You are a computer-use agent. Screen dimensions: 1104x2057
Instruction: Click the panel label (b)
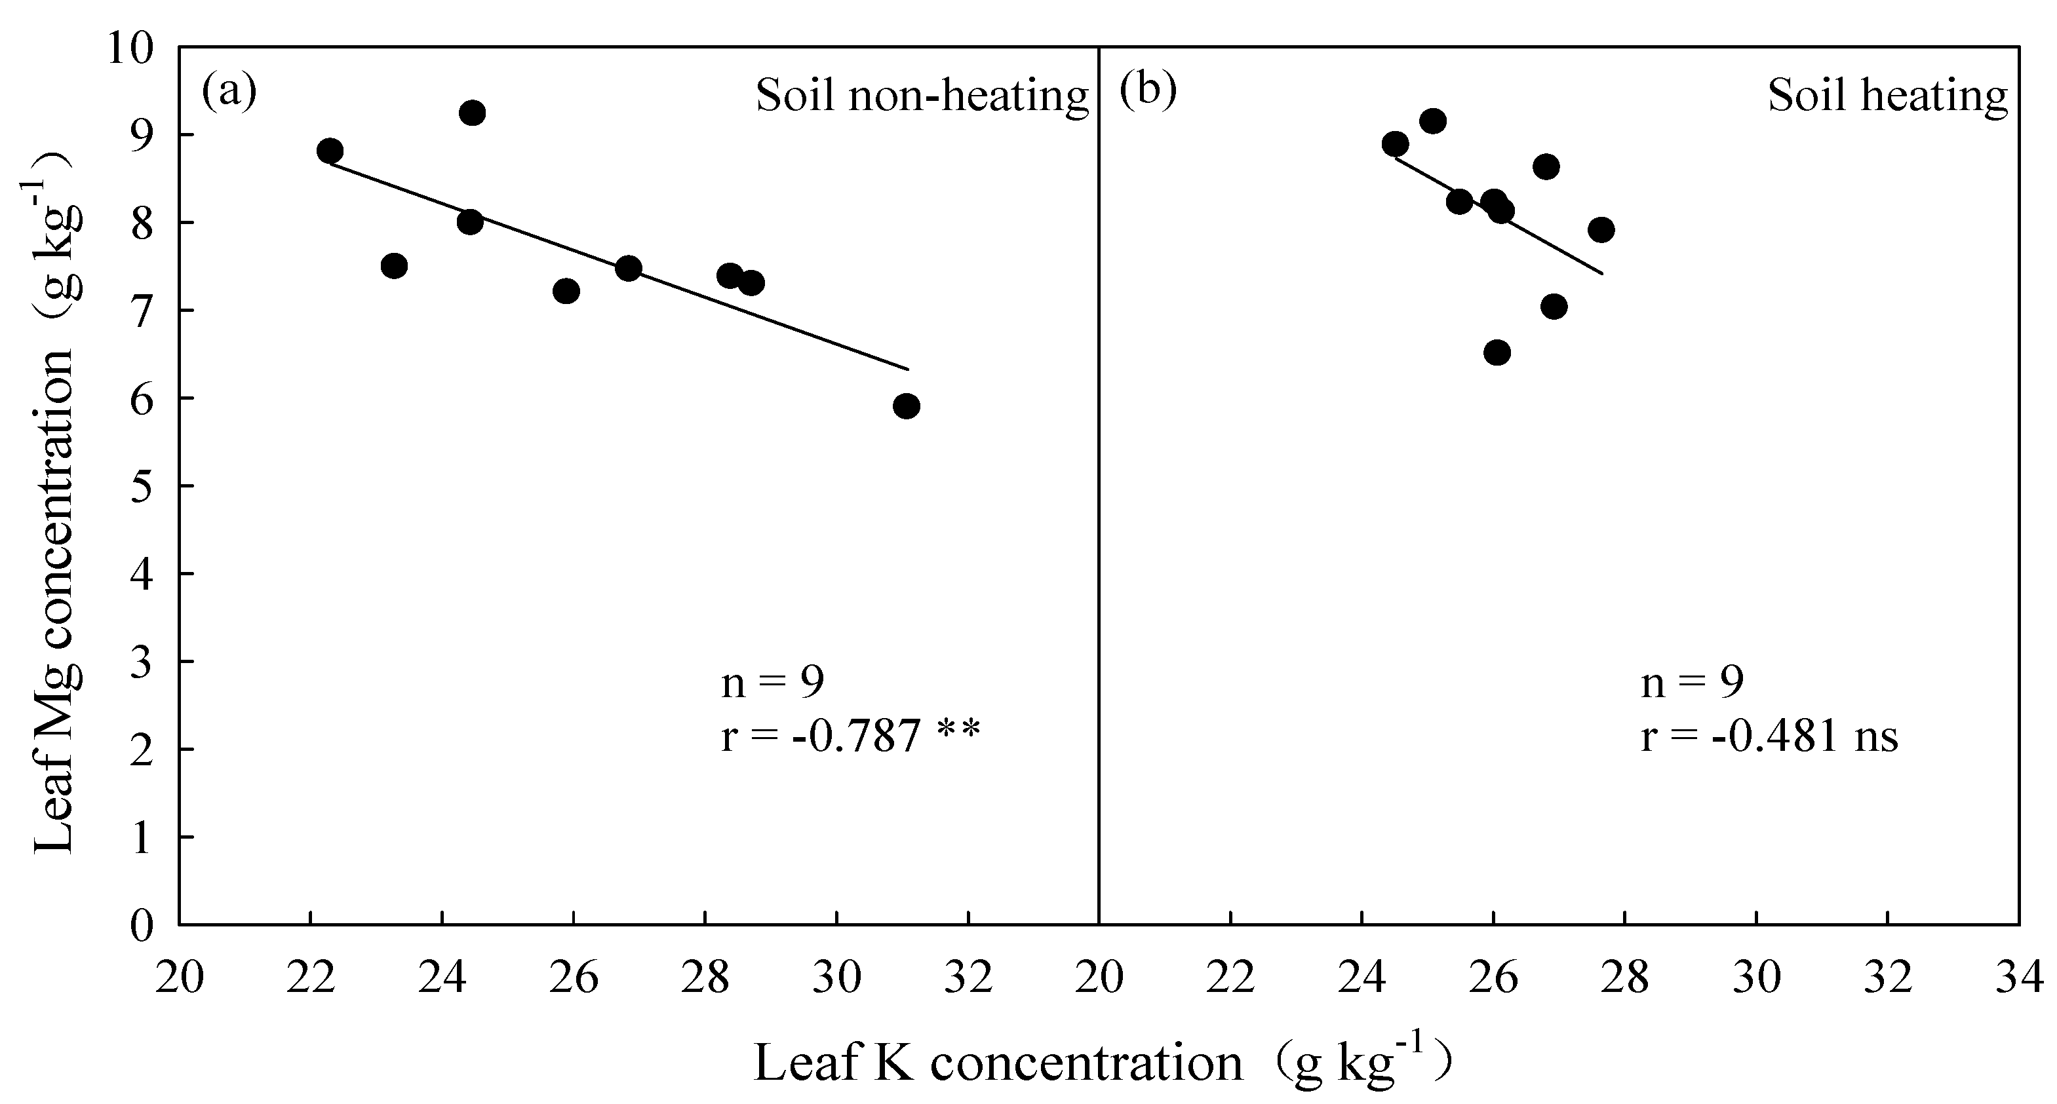1148,92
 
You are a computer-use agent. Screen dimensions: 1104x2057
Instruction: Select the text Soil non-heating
922,96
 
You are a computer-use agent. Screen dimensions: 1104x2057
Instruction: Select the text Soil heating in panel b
1888,96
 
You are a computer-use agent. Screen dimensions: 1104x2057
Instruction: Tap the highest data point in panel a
471,113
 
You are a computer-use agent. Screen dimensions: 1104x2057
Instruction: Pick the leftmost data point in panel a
330,150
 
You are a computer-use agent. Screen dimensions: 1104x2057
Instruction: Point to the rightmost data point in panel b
1601,230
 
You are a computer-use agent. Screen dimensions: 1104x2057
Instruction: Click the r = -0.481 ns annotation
1769,736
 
